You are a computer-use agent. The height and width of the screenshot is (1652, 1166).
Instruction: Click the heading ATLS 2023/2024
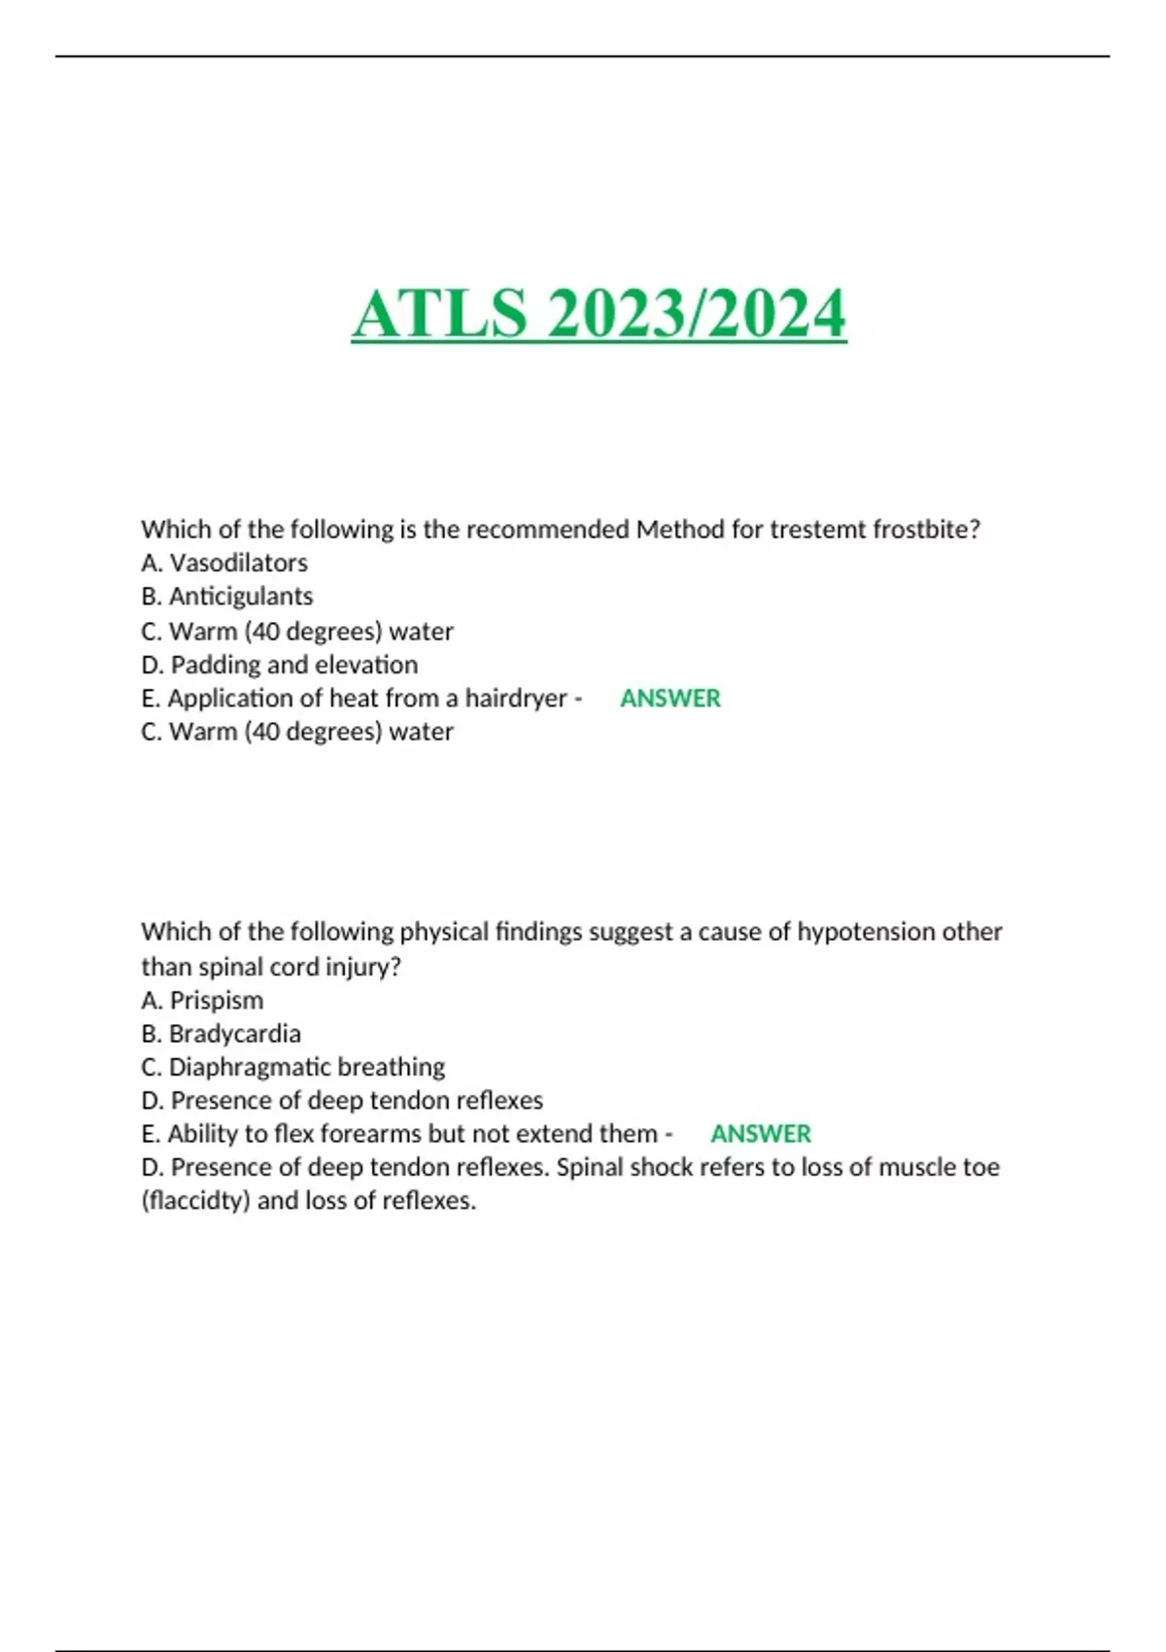pyautogui.click(x=599, y=313)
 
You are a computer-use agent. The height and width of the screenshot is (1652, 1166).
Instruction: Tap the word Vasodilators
pyautogui.click(x=239, y=563)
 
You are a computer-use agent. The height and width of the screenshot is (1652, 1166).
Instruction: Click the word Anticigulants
pyautogui.click(x=241, y=596)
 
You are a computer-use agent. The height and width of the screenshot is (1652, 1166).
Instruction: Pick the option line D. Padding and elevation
pyautogui.click(x=280, y=665)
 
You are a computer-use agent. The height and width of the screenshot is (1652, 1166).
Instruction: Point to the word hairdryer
pyautogui.click(x=516, y=698)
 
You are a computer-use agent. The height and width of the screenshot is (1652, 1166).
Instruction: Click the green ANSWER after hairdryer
pyautogui.click(x=670, y=698)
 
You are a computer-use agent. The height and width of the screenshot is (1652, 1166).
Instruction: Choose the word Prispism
pyautogui.click(x=217, y=1000)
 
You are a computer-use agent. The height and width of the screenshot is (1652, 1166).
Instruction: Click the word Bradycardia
pyautogui.click(x=235, y=1033)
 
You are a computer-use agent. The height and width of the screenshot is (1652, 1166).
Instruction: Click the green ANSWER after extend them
pyautogui.click(x=761, y=1134)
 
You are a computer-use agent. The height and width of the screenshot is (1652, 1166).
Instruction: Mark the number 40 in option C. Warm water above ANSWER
pyautogui.click(x=263, y=632)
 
